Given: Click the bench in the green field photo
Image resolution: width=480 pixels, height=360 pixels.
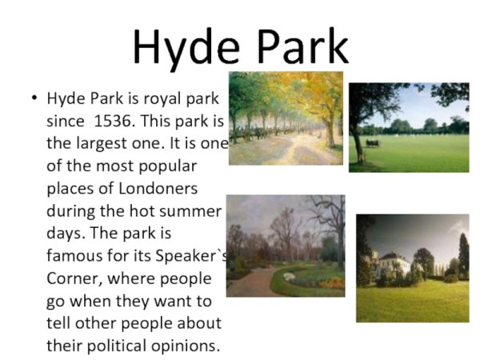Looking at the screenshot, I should click(373, 143).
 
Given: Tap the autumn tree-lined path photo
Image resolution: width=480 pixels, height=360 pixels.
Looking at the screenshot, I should click(286, 118).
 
